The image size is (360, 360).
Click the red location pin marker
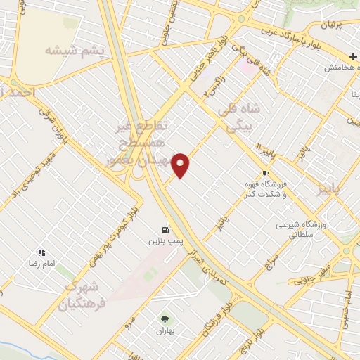181,165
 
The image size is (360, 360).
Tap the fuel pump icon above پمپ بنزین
165,229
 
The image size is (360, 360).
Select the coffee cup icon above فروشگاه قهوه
265,173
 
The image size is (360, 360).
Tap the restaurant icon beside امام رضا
41,252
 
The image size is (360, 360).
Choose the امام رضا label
41,262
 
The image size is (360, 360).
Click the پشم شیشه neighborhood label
74,51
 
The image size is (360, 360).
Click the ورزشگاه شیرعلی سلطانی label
304,230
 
